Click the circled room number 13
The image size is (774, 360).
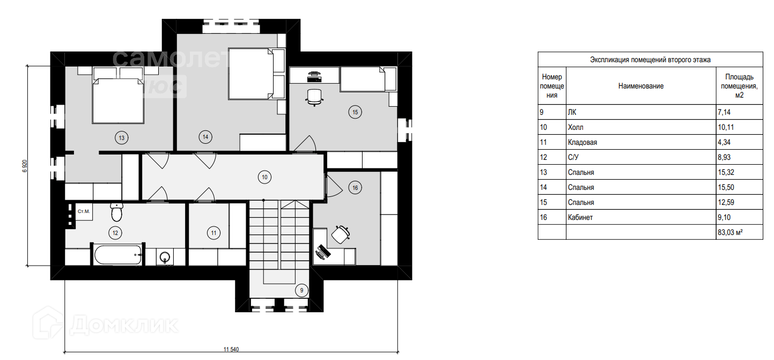click(122, 138)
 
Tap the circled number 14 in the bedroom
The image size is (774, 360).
click(205, 137)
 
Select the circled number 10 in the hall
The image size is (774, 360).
click(264, 177)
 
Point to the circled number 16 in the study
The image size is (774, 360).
click(355, 188)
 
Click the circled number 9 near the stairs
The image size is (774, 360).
click(301, 290)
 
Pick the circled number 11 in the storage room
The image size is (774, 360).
click(213, 233)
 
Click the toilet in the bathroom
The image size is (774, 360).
click(117, 212)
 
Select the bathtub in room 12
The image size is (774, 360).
click(118, 255)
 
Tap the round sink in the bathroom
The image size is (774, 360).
click(165, 257)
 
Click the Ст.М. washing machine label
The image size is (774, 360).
click(84, 211)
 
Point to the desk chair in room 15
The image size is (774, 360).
click(314, 97)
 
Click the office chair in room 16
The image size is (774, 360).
click(341, 234)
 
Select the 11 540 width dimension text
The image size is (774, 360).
click(231, 349)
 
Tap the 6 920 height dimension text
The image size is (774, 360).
click(25, 166)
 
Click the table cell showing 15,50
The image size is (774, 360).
click(739, 187)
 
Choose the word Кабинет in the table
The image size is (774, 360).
click(580, 217)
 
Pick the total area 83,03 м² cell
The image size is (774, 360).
click(739, 232)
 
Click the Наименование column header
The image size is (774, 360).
click(641, 86)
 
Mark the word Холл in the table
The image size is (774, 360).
click(576, 127)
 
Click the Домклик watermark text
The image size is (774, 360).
click(124, 324)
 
